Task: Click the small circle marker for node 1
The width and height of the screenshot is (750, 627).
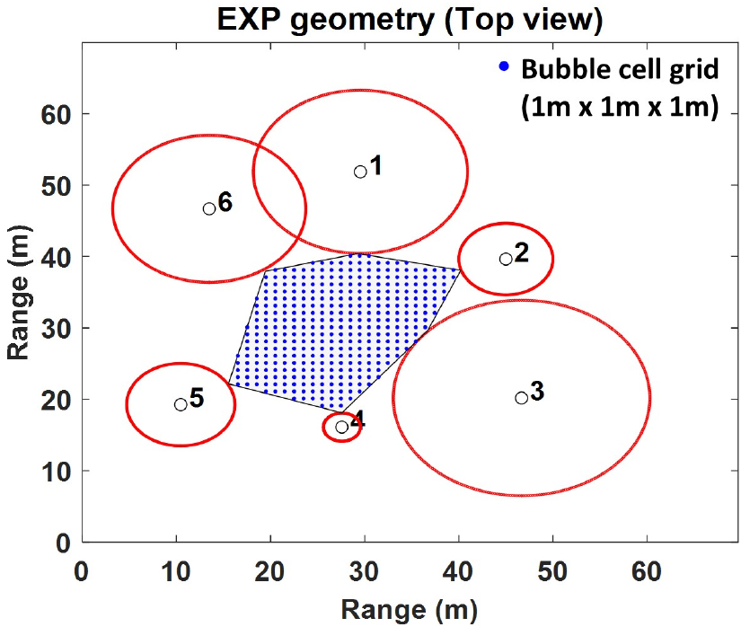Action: pos(360,172)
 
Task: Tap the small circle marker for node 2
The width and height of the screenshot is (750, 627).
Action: pos(506,259)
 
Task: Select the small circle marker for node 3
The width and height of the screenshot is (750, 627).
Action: pos(521,398)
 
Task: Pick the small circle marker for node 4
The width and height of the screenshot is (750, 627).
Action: pos(341,427)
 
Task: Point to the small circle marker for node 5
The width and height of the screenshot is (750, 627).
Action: pos(181,404)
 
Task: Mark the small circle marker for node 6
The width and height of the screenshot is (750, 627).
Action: pos(209,208)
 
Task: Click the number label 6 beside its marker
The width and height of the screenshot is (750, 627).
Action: pos(225,202)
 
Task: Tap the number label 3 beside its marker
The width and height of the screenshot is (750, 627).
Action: pos(537,392)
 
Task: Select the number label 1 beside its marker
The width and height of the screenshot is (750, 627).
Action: pos(376,165)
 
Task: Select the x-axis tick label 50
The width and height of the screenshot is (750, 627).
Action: pos(553,571)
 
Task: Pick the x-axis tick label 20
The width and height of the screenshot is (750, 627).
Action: pos(270,571)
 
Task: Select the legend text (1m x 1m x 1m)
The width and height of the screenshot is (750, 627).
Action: pos(619,109)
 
